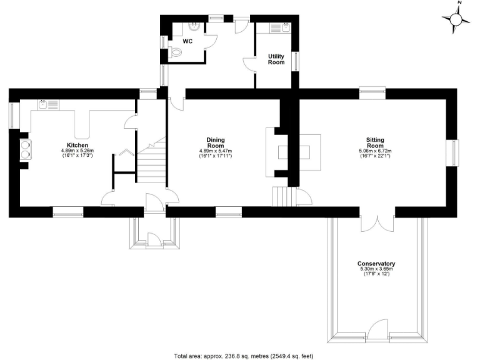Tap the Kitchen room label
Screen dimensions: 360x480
77,144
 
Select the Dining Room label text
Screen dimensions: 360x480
216,142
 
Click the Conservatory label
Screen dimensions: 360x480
376,264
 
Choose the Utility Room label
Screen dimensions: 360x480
276,59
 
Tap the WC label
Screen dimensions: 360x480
187,41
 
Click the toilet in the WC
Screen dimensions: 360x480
176,54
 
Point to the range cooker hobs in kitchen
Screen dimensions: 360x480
27,151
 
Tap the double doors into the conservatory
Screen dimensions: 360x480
377,223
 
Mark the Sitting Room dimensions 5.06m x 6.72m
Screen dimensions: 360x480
375,153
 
